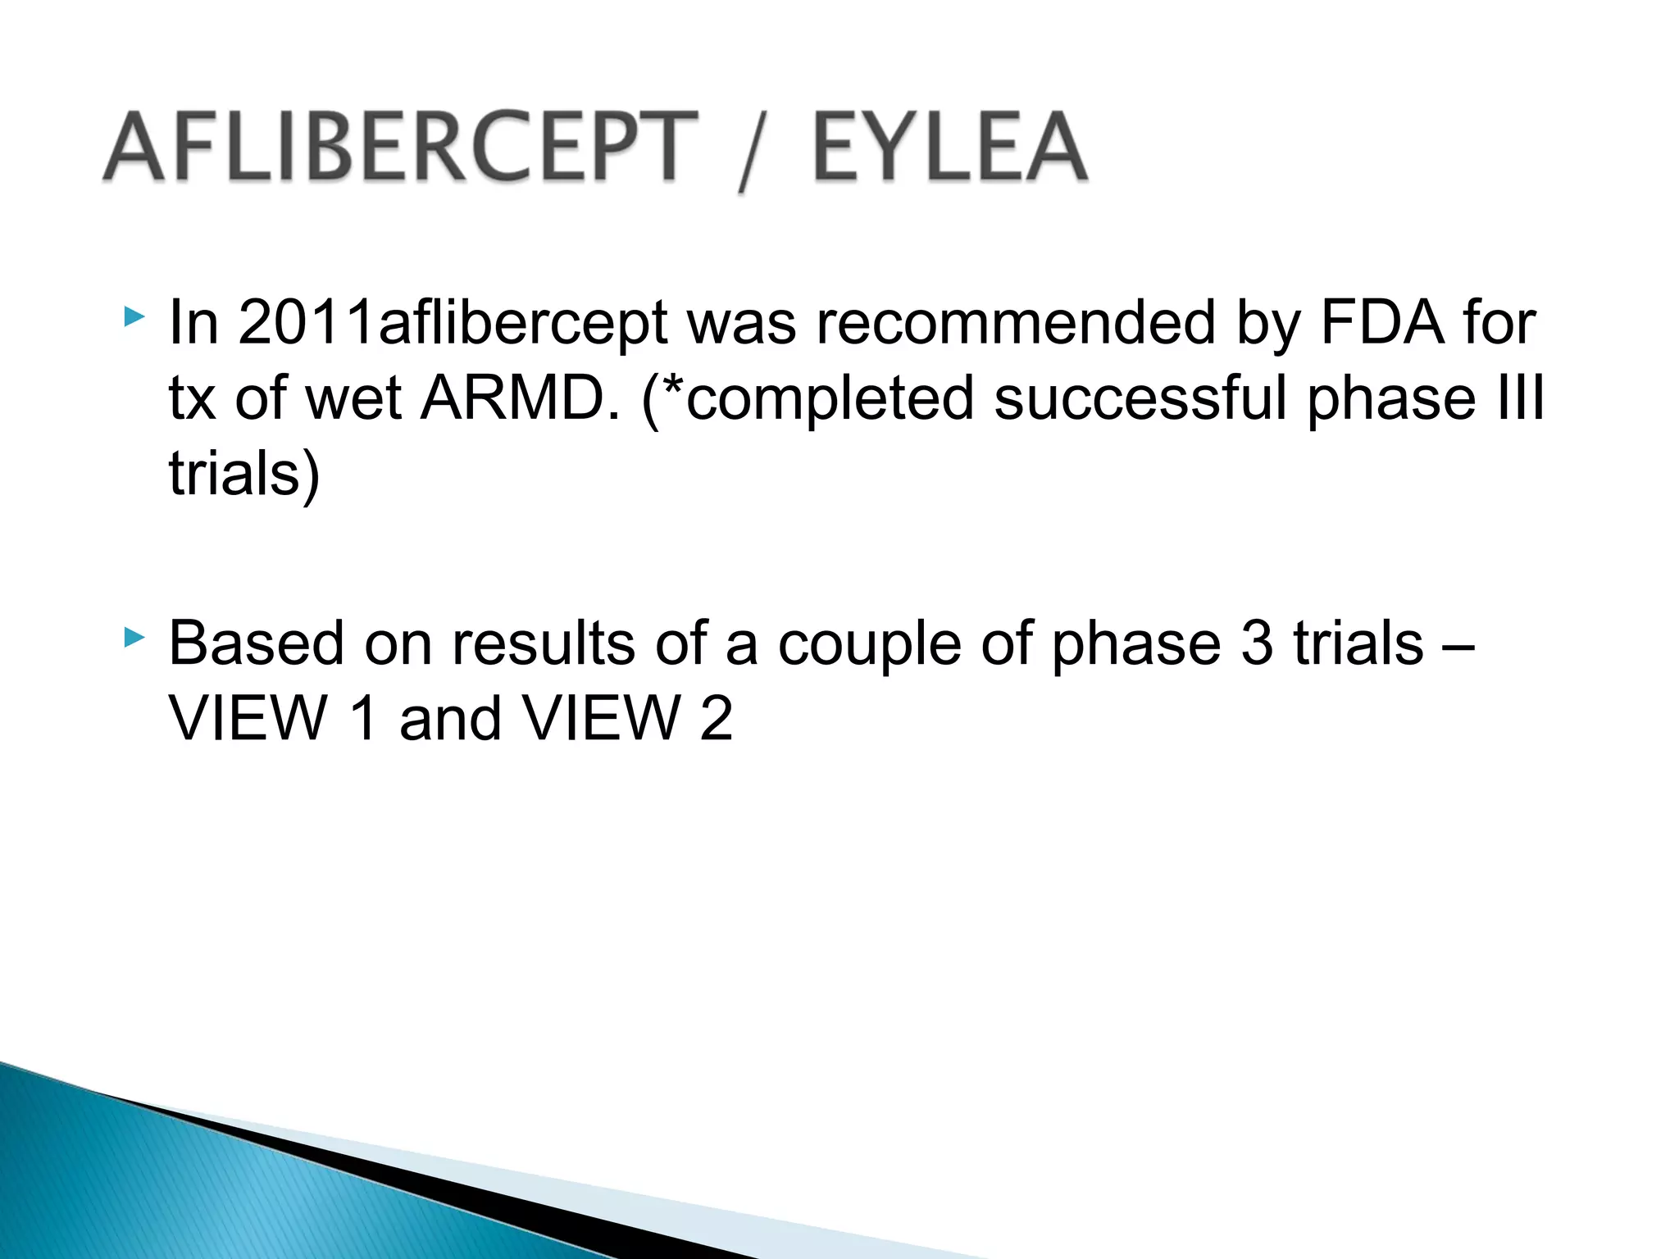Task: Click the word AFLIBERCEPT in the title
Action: click(x=400, y=148)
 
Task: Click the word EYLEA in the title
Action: click(x=949, y=148)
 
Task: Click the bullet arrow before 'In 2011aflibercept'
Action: click(x=134, y=316)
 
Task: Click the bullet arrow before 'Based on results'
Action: click(x=134, y=637)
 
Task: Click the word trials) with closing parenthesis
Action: click(x=244, y=475)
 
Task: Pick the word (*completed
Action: click(x=808, y=400)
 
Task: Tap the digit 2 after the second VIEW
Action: click(x=716, y=719)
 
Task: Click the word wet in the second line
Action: click(x=353, y=400)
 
